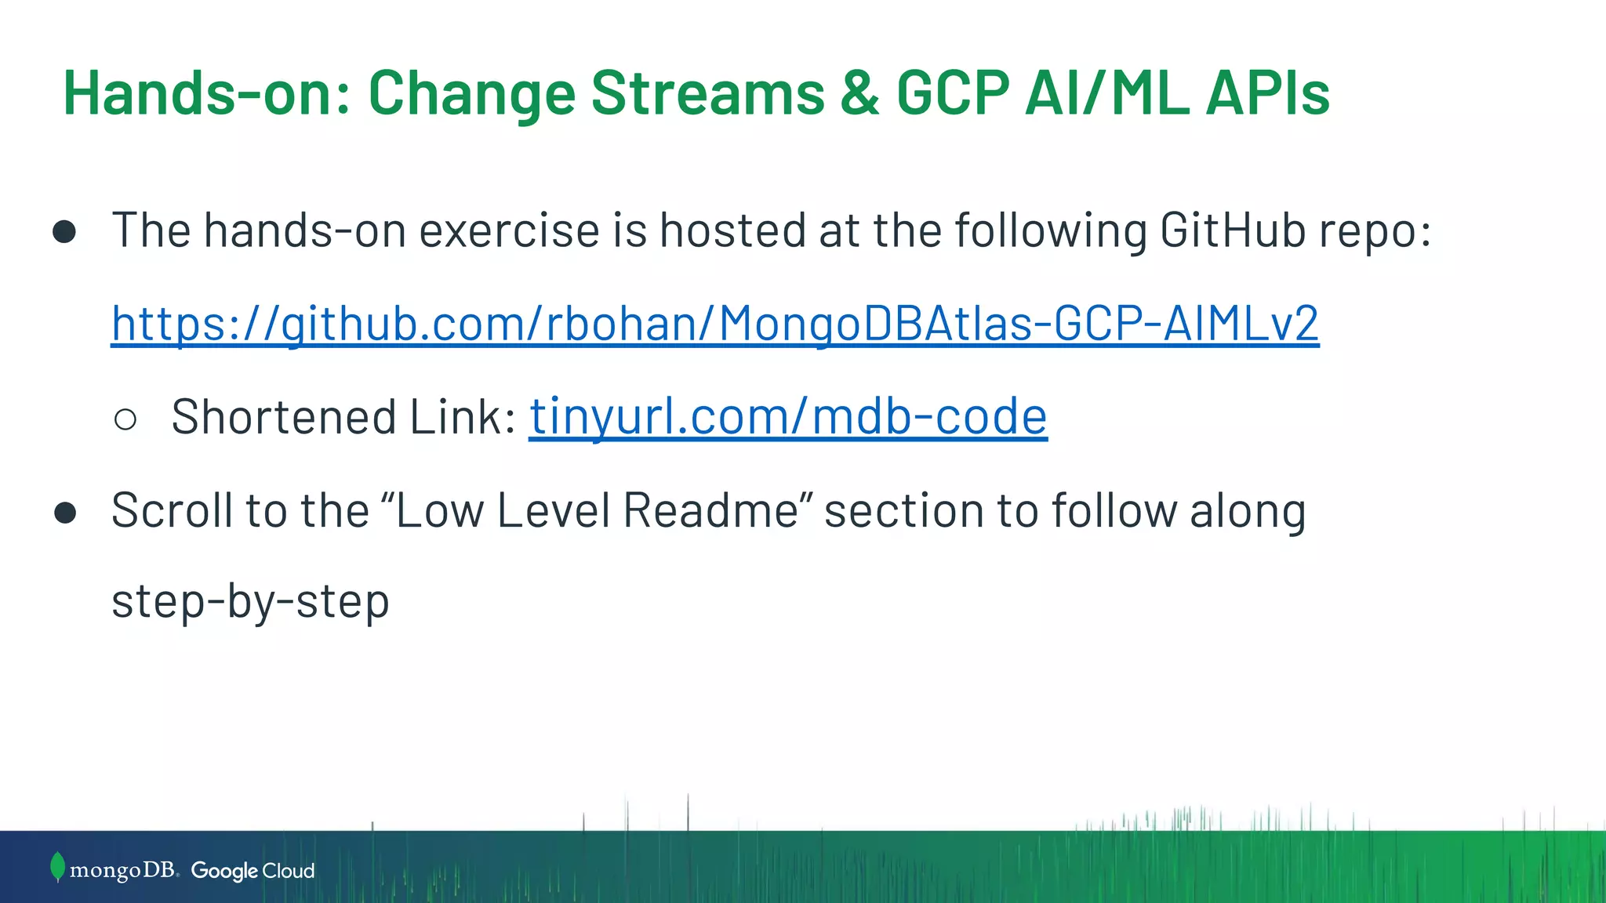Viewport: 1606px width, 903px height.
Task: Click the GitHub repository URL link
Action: tap(714, 324)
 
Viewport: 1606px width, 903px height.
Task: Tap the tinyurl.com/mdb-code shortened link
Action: tap(787, 416)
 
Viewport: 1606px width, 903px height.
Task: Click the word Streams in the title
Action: tap(707, 93)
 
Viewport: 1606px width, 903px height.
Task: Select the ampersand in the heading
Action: tap(860, 93)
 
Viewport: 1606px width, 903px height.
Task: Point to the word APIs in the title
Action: tap(1267, 93)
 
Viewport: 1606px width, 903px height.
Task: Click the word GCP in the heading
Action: tap(953, 93)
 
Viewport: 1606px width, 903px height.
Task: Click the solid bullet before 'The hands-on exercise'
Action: tap(64, 232)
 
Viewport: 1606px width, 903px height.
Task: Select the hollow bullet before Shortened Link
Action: tap(125, 419)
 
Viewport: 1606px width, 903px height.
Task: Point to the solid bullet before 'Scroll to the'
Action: tap(65, 513)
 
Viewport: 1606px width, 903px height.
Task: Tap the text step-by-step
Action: tap(250, 602)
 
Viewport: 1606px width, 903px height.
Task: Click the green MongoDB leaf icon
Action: tap(56, 867)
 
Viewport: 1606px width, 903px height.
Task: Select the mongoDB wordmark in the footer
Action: tap(123, 870)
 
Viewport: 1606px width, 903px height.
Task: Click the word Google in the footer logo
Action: tap(224, 871)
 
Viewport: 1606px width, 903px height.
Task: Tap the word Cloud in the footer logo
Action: tap(288, 871)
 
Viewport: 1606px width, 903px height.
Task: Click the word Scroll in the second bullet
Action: tap(172, 510)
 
